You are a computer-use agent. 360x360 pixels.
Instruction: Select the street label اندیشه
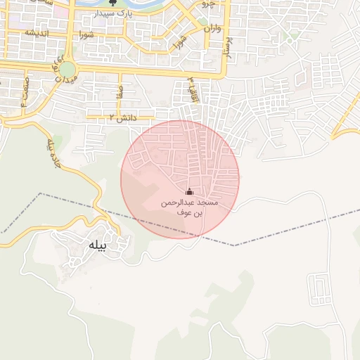click(x=36, y=33)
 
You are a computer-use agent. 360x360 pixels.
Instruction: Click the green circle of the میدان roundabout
click(x=67, y=70)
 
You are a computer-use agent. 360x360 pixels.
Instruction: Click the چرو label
click(x=208, y=4)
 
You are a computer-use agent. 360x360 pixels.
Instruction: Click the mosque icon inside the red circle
click(x=188, y=191)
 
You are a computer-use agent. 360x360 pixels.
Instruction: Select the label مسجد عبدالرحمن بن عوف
click(x=188, y=207)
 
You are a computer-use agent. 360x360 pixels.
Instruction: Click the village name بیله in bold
click(x=96, y=245)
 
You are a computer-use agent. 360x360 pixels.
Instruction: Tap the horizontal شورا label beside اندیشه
click(x=86, y=34)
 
